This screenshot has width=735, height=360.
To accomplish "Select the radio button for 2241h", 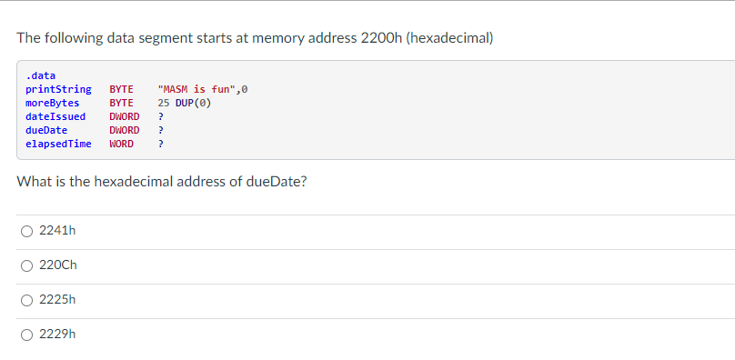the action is click(x=27, y=231).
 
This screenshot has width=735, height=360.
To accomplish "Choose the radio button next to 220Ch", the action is click(x=27, y=265).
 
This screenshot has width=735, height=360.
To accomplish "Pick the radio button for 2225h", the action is click(x=27, y=300).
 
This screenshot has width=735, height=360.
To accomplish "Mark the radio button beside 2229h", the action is click(x=27, y=335).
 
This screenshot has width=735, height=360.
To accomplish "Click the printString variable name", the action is click(x=58, y=89).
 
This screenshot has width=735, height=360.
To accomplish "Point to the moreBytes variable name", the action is click(x=52, y=103).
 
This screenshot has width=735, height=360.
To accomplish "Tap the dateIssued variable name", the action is click(x=55, y=116).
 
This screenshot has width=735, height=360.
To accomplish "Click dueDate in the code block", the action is click(x=46, y=130).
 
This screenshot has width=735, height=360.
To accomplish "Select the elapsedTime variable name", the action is click(x=58, y=144).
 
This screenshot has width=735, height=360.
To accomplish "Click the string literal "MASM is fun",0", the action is click(x=202, y=89).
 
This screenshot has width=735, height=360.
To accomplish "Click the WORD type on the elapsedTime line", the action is click(x=121, y=144).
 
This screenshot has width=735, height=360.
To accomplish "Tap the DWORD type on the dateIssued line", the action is click(x=124, y=116).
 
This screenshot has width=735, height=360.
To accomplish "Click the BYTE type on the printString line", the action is click(x=121, y=89).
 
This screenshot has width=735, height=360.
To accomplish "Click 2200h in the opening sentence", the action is click(x=383, y=38).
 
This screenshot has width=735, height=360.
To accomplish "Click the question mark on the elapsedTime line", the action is click(x=160, y=144).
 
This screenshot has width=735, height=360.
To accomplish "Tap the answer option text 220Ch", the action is click(x=57, y=265).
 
